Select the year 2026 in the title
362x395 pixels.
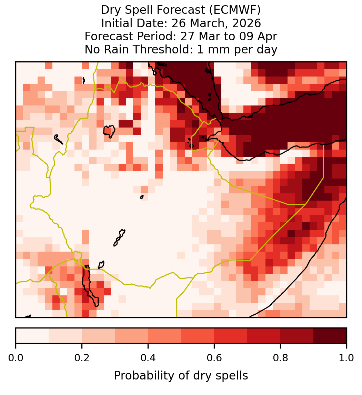pos(247,23)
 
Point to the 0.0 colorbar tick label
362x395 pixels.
pos(16,358)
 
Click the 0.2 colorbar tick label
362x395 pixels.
pos(82,358)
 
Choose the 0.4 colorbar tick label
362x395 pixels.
pos(148,358)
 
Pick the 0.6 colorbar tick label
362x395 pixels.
pos(214,358)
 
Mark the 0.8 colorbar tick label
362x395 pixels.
pos(280,358)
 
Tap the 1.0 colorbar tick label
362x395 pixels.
pos(346,358)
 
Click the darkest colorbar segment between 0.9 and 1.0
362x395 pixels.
pos(330,336)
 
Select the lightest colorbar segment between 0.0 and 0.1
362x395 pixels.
pos(32,336)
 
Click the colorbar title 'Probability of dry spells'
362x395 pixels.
pos(181,376)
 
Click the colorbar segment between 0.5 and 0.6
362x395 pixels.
pos(198,336)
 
